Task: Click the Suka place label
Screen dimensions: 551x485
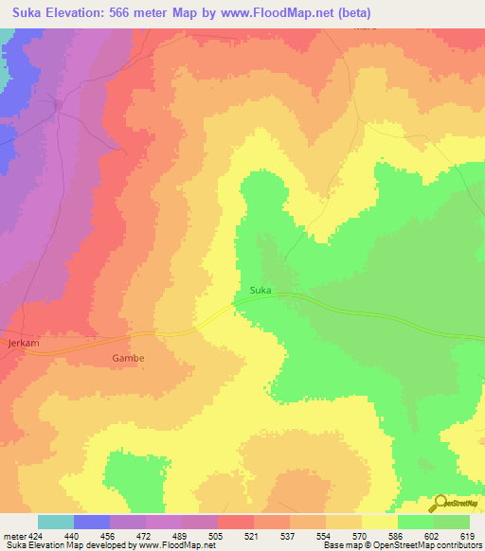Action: tap(261, 290)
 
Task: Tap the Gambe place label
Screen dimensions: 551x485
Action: tap(128, 359)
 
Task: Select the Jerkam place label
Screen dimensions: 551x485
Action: tap(22, 341)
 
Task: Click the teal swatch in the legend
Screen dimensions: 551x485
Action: tap(55, 522)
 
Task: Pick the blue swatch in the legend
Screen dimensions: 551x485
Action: tap(91, 522)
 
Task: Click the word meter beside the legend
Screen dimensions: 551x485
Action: tap(12, 536)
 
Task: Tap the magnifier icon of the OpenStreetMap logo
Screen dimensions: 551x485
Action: tap(440, 503)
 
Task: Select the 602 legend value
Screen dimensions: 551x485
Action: tap(433, 536)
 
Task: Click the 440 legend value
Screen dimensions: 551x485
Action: tap(73, 536)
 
